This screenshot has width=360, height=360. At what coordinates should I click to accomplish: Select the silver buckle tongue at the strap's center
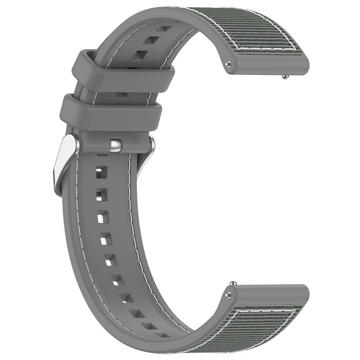point(115,145)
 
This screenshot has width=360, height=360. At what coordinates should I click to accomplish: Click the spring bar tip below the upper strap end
point(286,75)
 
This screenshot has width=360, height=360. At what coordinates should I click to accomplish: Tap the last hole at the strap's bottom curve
point(164,334)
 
